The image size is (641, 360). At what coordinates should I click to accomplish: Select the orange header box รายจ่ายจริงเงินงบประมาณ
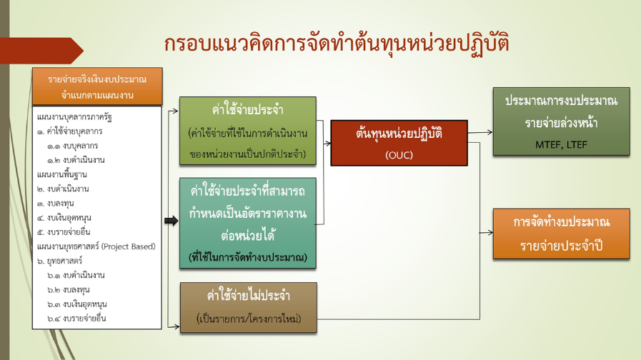coord(97,86)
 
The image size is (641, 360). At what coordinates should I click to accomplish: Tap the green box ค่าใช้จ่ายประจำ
coord(248,131)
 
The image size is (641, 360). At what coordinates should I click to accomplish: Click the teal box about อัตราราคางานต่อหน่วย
coord(248,223)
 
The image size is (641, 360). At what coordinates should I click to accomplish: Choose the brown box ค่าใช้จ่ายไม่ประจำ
coord(249,307)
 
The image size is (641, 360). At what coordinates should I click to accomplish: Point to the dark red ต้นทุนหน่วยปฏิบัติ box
coord(399,143)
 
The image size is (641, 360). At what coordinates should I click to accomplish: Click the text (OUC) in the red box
coord(399,155)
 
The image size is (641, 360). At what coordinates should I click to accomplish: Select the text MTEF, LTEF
coord(561,145)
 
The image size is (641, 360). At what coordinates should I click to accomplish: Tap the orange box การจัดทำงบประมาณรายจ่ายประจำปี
coord(561,234)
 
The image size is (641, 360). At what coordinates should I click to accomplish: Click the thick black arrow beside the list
coord(172,221)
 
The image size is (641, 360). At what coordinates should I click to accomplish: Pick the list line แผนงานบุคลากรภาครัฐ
coord(74,117)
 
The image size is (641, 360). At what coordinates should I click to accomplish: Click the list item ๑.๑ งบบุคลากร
coord(72,146)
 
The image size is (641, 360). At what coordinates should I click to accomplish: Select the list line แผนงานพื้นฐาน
coord(61,174)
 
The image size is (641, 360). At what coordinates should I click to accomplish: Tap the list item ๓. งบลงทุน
coord(55,204)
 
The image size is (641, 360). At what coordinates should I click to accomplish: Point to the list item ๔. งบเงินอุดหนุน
coord(64,218)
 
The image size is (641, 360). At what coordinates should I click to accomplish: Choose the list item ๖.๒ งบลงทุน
coord(69,290)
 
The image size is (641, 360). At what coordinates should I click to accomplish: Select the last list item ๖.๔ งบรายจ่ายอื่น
coord(76,319)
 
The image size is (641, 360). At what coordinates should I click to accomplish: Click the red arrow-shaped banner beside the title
coord(41,51)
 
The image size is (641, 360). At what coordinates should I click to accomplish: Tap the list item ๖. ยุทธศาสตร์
coord(60,261)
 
